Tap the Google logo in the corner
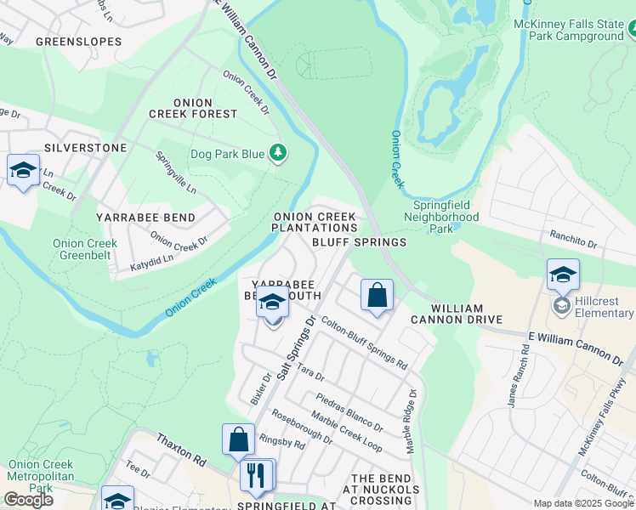click(28, 500)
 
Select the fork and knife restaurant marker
click(257, 475)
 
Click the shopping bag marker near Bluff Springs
click(377, 296)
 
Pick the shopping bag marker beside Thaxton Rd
click(239, 439)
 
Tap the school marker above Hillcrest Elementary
click(562, 275)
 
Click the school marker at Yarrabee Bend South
click(272, 303)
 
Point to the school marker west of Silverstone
click(23, 170)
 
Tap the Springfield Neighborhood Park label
click(446, 217)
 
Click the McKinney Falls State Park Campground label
click(568, 31)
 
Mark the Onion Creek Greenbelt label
click(85, 249)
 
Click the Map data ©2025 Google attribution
click(582, 503)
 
